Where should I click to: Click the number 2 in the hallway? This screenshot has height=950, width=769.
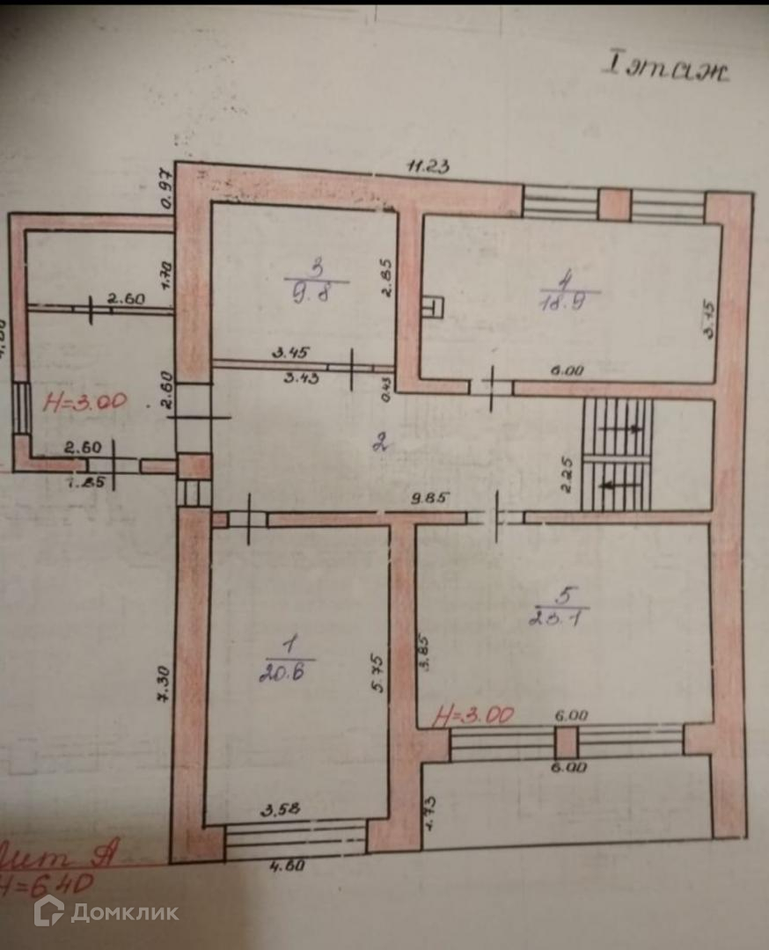[380, 442]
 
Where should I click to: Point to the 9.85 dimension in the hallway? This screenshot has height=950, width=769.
[432, 497]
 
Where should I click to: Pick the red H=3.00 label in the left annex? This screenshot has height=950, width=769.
[84, 403]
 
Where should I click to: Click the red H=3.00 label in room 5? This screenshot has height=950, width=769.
[472, 716]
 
